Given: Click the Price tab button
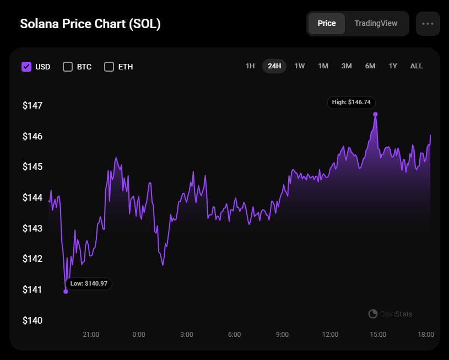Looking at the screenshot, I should (x=327, y=24).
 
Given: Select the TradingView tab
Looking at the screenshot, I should (x=376, y=24).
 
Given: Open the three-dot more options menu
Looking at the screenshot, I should (x=428, y=24).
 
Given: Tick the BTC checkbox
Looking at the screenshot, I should (x=68, y=67).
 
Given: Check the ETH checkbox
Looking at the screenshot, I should (x=109, y=67).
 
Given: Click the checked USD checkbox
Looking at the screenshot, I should (x=26, y=67).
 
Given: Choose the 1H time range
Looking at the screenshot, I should (x=250, y=66).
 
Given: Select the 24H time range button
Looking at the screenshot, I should (x=274, y=66).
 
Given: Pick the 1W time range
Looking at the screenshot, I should (x=300, y=66).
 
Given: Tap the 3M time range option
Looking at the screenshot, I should (x=347, y=66).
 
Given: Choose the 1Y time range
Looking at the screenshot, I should (x=393, y=66).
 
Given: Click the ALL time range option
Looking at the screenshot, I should (x=416, y=66).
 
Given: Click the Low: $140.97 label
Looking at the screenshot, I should (x=89, y=283).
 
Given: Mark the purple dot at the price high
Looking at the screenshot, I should (x=375, y=115).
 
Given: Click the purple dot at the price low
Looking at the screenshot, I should (x=66, y=291).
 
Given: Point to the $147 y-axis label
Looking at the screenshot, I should (x=33, y=105).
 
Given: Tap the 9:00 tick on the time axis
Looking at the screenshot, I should (x=282, y=335).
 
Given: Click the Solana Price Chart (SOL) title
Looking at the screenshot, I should (x=90, y=24).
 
